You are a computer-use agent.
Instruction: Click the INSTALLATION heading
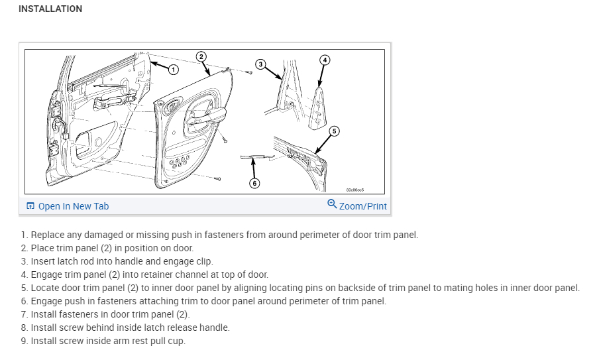tap(50, 9)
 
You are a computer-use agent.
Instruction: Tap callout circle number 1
tap(173, 69)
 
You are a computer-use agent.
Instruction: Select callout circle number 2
tap(201, 56)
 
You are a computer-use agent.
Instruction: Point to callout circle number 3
tap(260, 64)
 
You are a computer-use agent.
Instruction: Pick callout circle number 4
tap(324, 60)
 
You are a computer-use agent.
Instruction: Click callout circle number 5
tap(334, 131)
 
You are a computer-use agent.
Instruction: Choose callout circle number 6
tap(254, 183)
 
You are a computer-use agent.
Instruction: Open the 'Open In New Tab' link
tap(73, 206)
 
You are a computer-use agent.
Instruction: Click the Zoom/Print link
tap(362, 206)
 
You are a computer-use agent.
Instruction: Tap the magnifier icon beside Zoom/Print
tap(332, 204)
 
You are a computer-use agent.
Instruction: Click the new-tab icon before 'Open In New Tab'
tap(30, 206)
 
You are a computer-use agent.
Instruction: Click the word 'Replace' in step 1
tap(48, 235)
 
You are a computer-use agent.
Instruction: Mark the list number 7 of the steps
tap(24, 314)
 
